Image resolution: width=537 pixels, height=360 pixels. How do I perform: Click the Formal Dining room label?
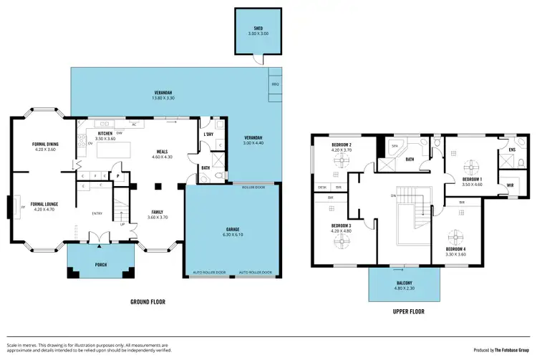coord(45,147)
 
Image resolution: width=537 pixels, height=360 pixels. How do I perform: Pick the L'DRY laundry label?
coord(209,135)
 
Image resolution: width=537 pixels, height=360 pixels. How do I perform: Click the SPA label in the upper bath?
coord(394,145)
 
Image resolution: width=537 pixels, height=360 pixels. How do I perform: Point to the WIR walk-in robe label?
coord(509,185)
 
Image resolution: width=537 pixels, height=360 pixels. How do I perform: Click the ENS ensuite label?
coord(511,149)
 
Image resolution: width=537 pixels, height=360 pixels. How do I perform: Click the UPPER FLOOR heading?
coord(408,312)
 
